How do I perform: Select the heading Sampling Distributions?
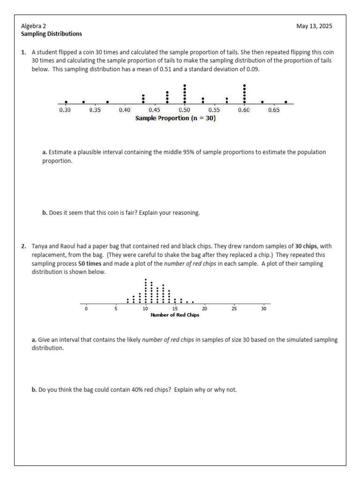52,34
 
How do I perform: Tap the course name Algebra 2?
34,26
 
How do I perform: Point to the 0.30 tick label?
65,110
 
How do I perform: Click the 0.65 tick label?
274,110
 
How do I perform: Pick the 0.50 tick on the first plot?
185,110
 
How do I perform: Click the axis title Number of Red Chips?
174,315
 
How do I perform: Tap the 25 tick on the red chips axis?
234,308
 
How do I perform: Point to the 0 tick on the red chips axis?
86,308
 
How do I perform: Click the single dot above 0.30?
66,102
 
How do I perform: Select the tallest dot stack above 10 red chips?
145,291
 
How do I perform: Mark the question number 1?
23,52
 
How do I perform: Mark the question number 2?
23,246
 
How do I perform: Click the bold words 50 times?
88,264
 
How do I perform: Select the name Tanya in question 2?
40,246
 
